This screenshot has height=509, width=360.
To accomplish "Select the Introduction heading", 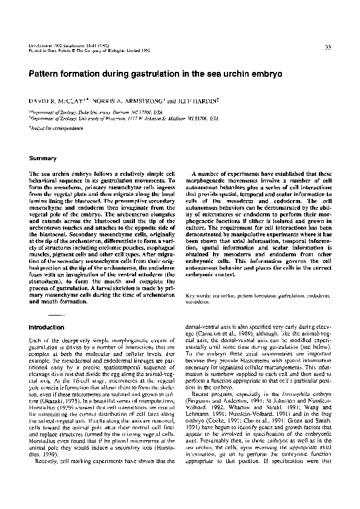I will [x=47, y=327].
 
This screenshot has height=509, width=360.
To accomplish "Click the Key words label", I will [x=197, y=297].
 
